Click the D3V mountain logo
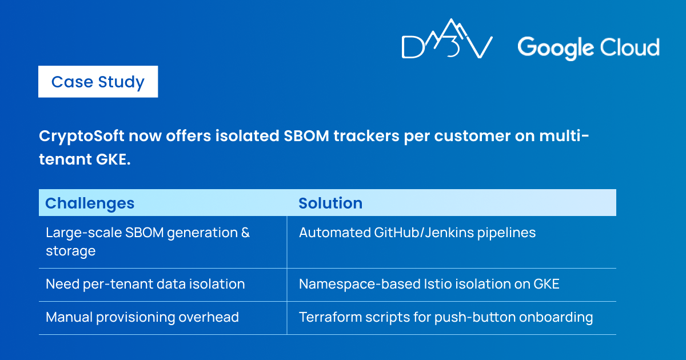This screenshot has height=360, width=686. (447, 38)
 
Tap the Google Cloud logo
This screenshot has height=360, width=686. (588, 48)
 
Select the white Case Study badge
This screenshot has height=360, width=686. (98, 82)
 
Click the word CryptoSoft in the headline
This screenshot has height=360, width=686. (81, 136)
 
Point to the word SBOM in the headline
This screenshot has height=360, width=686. (306, 136)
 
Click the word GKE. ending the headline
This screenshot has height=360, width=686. (113, 159)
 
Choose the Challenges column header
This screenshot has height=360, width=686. (90, 203)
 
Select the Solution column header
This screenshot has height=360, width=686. (330, 203)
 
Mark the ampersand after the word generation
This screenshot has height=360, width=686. (245, 233)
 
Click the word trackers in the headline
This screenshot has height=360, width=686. (366, 136)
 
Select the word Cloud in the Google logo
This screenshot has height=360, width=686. (629, 47)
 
